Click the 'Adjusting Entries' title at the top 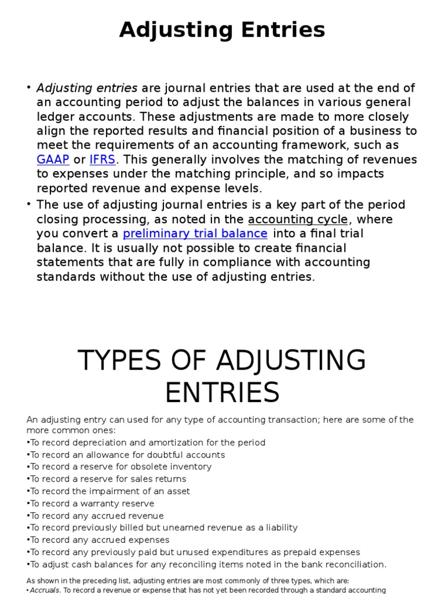pos(222,30)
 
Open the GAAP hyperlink pos(53,160)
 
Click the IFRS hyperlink pos(102,160)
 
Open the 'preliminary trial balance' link pos(195,234)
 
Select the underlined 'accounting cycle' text pos(298,219)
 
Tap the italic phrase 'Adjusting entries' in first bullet pos(87,88)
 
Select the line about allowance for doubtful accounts pos(126,455)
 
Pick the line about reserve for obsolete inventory pos(119,467)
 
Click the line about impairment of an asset pos(108,491)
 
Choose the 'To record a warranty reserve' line pos(91,504)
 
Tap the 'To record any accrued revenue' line pos(96,516)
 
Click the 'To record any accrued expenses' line pos(99,540)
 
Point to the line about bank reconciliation pos(207,564)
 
